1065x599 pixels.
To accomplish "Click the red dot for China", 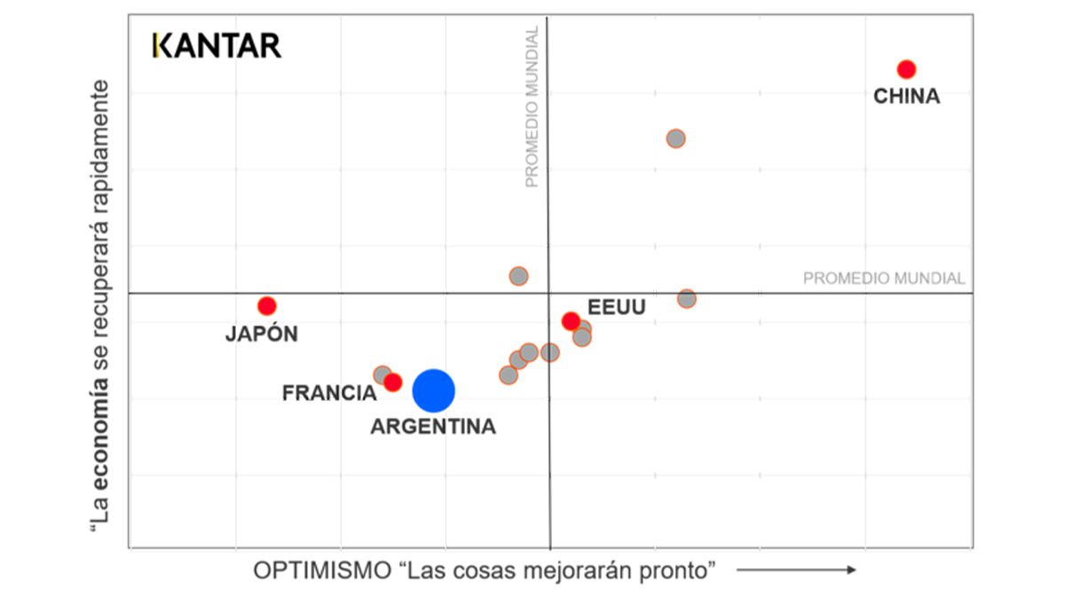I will click(906, 69).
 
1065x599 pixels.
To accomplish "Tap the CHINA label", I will click(906, 97).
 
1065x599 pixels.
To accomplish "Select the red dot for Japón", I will click(267, 306).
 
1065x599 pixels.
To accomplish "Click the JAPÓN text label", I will click(261, 335).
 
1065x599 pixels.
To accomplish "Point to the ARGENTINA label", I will click(433, 427).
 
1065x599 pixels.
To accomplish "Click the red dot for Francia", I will click(393, 382).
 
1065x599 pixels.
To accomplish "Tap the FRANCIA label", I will click(329, 393).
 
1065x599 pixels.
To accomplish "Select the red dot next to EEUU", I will click(571, 321).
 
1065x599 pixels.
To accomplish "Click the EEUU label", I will click(617, 308).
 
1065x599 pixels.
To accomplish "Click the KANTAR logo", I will click(217, 45).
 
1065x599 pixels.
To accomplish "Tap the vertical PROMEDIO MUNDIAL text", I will click(532, 106).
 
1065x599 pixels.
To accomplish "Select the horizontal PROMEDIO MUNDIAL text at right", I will click(883, 279).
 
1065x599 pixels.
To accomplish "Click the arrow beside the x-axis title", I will click(796, 570).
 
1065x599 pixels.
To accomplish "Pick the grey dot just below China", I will click(675, 138).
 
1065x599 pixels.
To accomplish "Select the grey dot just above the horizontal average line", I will click(518, 276).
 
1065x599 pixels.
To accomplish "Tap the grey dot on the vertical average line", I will click(550, 352).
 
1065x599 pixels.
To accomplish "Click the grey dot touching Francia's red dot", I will click(382, 374).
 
